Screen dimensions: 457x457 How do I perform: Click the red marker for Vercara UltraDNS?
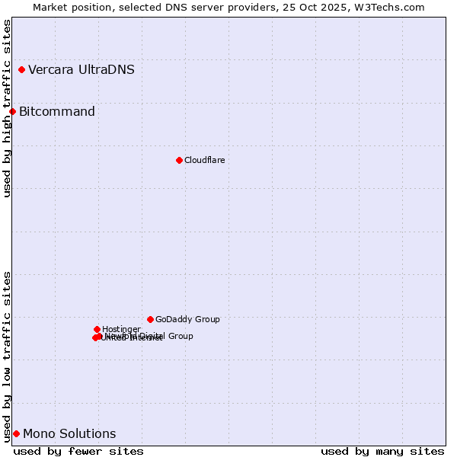(22, 70)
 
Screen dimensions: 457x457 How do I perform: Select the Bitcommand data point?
(12, 112)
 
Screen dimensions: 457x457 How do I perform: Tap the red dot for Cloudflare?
(179, 160)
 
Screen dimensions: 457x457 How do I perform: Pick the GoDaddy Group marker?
(150, 319)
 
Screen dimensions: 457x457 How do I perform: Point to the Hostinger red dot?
(97, 329)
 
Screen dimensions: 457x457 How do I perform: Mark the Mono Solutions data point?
(16, 434)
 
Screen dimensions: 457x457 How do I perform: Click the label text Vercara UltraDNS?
(81, 70)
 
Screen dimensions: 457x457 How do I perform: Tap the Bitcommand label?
(57, 112)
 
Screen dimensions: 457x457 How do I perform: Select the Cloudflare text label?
(204, 160)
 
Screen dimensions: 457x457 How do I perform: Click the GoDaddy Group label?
(187, 319)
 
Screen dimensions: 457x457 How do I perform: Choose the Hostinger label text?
(121, 329)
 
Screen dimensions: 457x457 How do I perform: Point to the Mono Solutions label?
(69, 434)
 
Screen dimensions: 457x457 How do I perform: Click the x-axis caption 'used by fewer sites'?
(78, 451)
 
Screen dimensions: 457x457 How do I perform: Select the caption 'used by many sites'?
(382, 451)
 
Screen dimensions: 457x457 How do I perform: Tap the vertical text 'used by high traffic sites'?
(7, 108)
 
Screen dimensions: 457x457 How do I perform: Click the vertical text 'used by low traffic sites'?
(7, 356)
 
